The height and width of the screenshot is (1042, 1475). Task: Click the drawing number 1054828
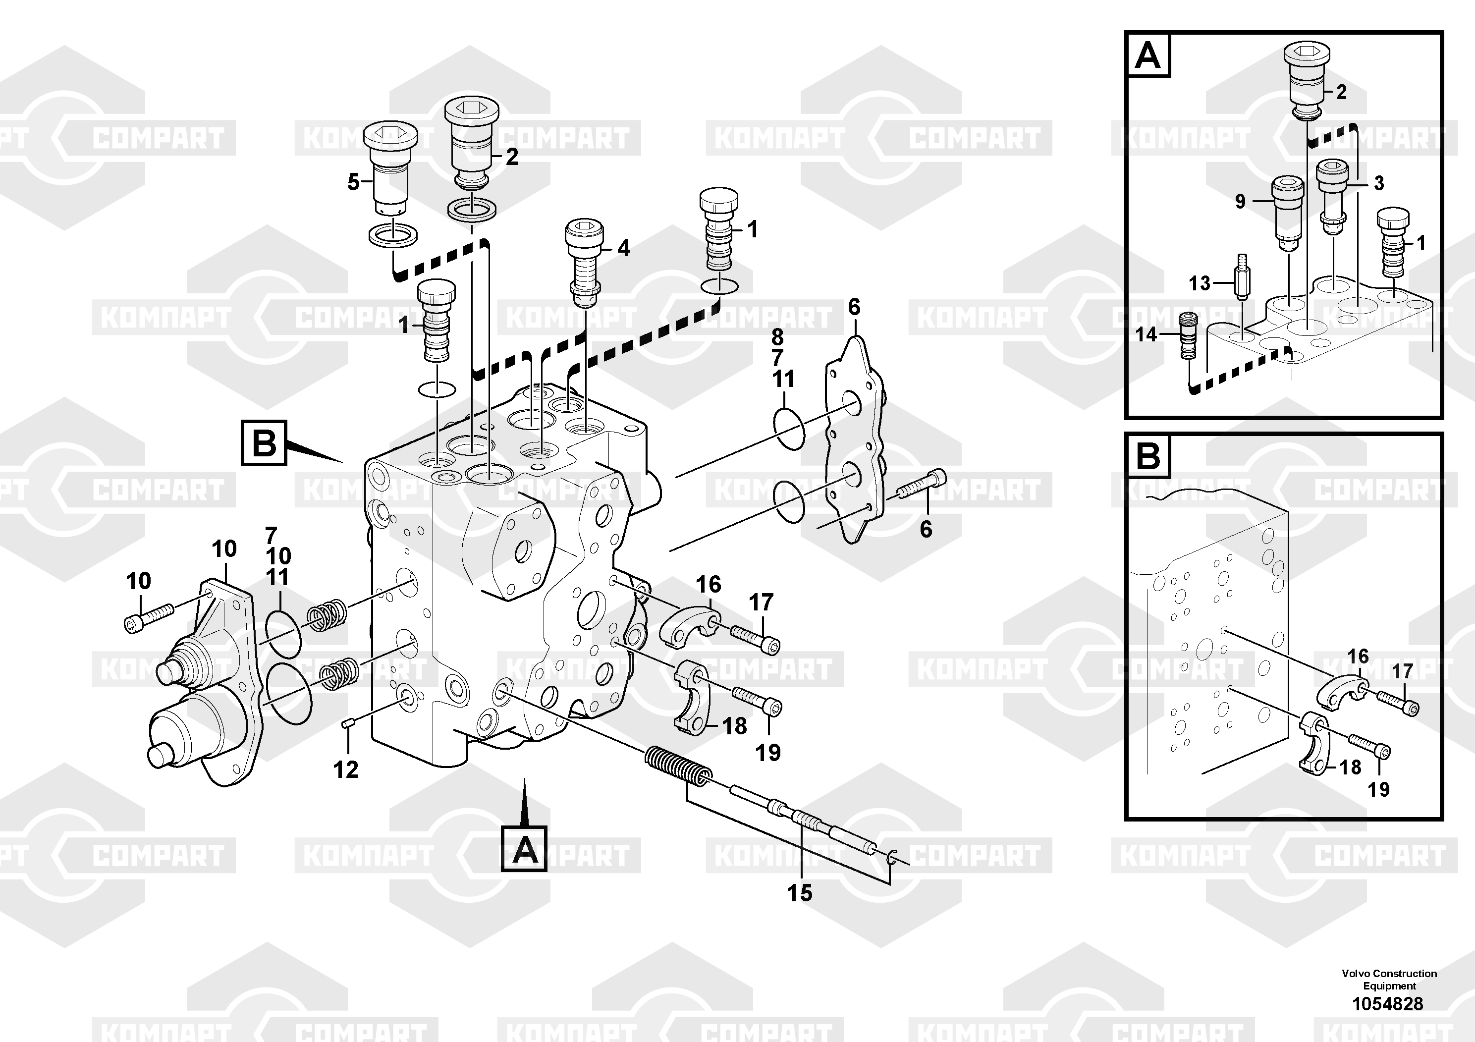tap(1388, 1003)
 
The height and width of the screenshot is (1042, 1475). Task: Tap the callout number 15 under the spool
tap(800, 893)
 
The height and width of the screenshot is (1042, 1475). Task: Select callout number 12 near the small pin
tap(346, 769)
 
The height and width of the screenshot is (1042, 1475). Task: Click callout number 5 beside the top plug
tap(353, 182)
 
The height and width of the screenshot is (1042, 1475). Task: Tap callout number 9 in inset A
tap(1240, 202)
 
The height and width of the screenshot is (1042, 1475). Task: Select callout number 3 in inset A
tap(1379, 183)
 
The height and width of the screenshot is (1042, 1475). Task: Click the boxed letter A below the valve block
tap(524, 849)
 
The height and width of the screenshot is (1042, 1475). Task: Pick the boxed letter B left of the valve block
tap(264, 442)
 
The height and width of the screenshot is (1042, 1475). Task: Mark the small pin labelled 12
tap(349, 724)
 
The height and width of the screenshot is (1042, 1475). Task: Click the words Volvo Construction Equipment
tap(1389, 980)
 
